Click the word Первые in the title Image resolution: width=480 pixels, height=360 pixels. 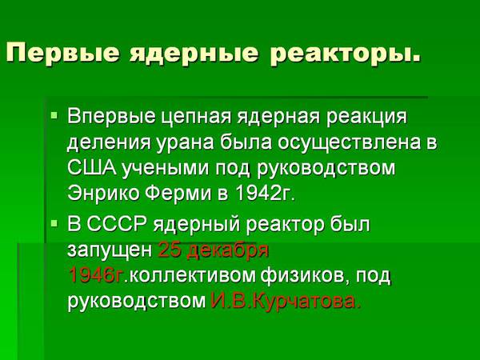pyautogui.click(x=62, y=53)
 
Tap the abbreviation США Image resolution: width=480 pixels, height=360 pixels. pyautogui.click(x=92, y=168)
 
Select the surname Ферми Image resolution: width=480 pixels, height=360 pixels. pyautogui.click(x=178, y=193)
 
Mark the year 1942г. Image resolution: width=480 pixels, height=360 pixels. pyautogui.click(x=265, y=193)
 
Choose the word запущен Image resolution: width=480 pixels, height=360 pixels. pyautogui.click(x=110, y=251)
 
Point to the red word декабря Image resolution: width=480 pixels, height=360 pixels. pyautogui.click(x=227, y=251)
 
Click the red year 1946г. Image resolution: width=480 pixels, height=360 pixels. pyautogui.click(x=96, y=275)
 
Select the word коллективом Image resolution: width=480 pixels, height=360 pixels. pyautogui.click(x=192, y=275)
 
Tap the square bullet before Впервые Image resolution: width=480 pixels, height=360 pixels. pyautogui.click(x=54, y=115)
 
